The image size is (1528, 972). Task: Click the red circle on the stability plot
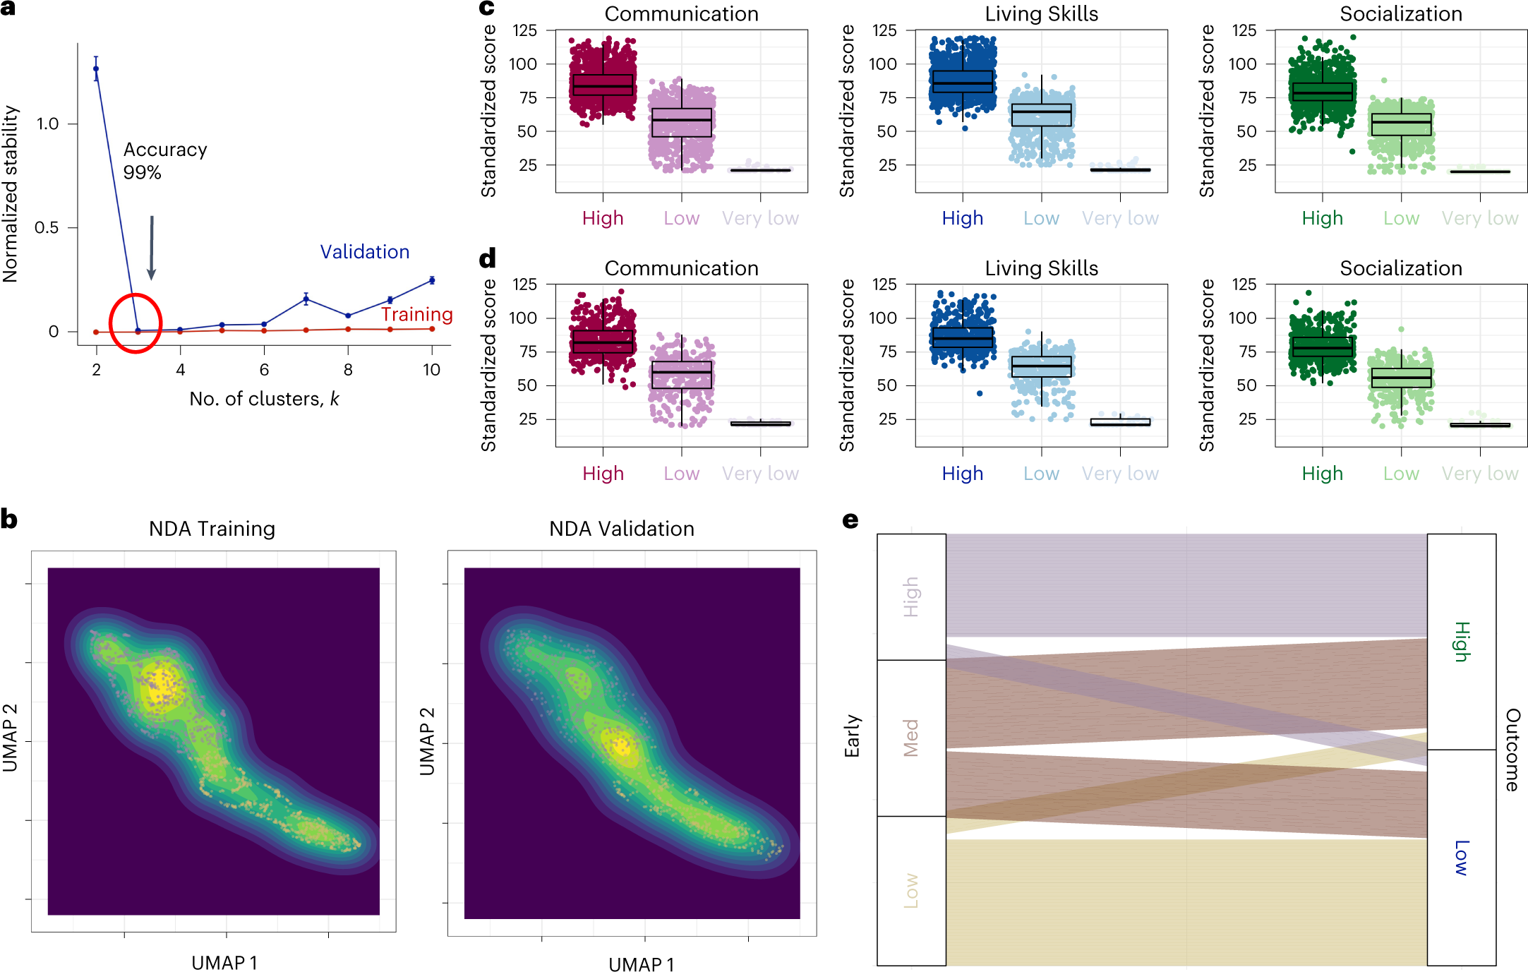136,323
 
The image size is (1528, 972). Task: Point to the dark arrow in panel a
151,248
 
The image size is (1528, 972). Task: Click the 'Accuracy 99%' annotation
164,161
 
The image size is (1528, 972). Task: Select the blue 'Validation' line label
364,252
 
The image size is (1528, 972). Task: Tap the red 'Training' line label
416,314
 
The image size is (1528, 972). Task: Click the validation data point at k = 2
96,68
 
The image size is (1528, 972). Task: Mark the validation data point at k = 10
432,280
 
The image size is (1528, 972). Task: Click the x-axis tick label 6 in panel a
264,370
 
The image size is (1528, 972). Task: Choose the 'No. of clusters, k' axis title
264,399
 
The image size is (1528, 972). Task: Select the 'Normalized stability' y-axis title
11,194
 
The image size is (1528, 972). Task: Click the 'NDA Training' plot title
212,529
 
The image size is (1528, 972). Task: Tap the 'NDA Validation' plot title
621,529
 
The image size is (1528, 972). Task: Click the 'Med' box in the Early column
911,738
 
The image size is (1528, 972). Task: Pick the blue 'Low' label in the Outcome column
1462,858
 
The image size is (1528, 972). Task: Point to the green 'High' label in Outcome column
1462,642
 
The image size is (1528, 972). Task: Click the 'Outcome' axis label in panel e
1512,750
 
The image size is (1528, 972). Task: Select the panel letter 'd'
487,258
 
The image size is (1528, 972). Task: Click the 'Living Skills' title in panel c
1041,14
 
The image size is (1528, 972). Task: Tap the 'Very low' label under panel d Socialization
1479,474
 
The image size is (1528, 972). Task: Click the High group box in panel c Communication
603,85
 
